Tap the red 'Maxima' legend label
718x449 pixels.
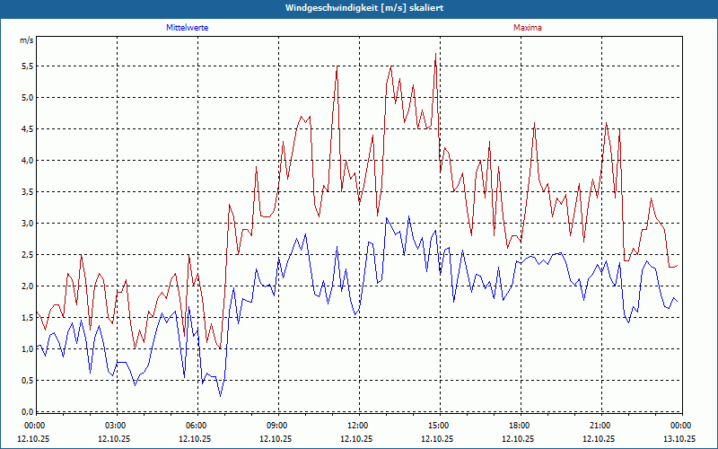pos(527,28)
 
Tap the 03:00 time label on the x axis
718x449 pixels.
pos(116,426)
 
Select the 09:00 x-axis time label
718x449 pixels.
pos(277,426)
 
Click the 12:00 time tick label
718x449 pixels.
pos(357,426)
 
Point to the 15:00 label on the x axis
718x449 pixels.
pos(438,426)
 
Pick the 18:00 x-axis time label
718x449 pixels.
pos(519,426)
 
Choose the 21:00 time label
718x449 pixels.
pos(600,426)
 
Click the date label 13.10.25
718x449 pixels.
pos(679,439)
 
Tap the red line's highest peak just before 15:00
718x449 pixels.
pos(435,54)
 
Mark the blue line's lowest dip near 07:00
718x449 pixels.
pos(220,396)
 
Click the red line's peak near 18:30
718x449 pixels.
pos(534,123)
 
